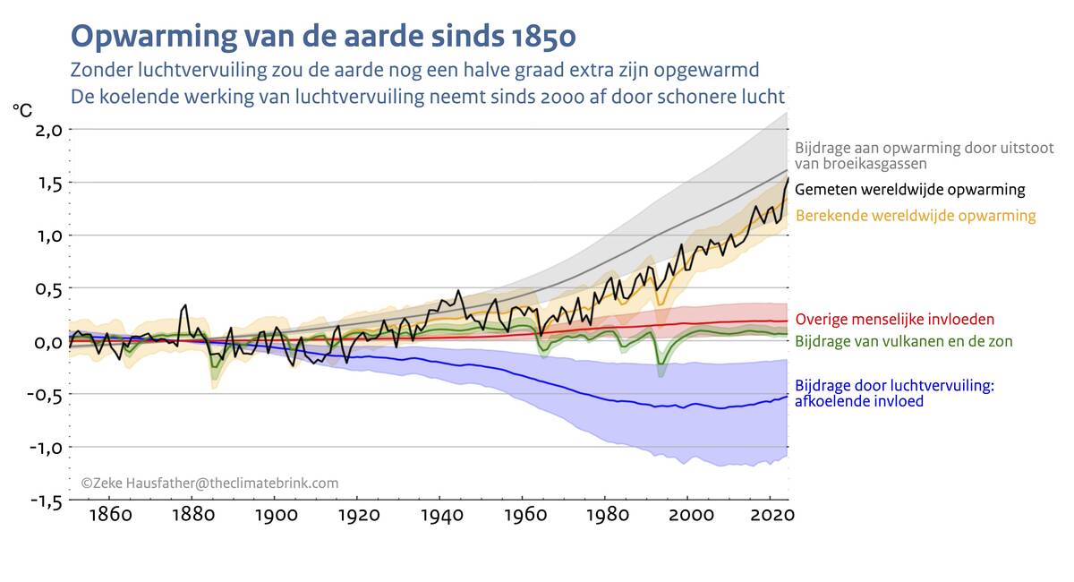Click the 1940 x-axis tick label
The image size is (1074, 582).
tap(440, 516)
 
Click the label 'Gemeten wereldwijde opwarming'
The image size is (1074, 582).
tap(909, 190)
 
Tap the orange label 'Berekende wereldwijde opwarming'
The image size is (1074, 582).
tap(916, 216)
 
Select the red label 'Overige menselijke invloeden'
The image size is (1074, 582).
tap(895, 319)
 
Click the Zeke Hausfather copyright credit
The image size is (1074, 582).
tap(210, 484)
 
